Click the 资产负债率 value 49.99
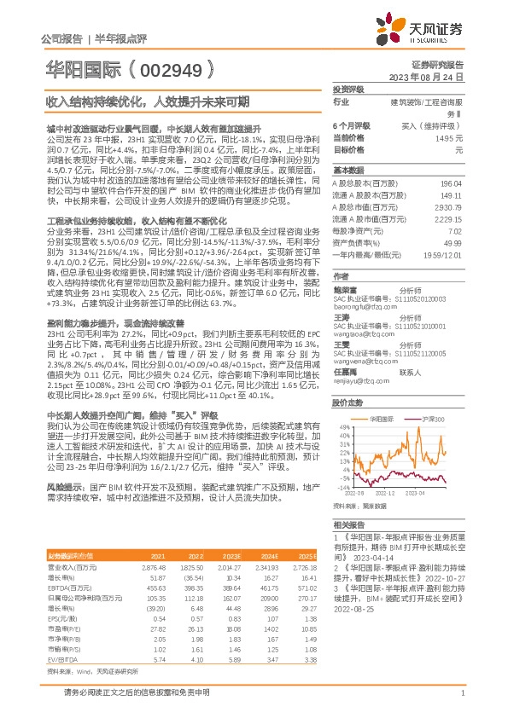pyautogui.click(x=454, y=243)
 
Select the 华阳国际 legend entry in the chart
pyautogui.click(x=381, y=420)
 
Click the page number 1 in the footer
pyautogui.click(x=461, y=692)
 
